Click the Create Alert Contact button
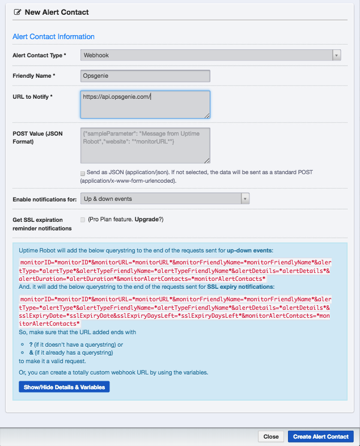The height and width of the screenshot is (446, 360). (321, 436)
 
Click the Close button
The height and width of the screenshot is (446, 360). (270, 436)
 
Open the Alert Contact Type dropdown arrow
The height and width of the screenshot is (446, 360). (336, 55)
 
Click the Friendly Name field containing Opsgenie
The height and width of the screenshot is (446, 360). (145, 76)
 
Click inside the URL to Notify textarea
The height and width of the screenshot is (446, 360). (145, 104)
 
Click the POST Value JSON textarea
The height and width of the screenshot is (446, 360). (145, 145)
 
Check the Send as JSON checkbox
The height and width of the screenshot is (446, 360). (83, 172)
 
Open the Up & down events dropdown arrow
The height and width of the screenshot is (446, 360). (245, 199)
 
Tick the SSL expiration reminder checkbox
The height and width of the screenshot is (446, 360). (83, 220)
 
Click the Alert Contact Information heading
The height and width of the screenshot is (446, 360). (53, 36)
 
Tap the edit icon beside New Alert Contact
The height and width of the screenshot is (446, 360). (17, 12)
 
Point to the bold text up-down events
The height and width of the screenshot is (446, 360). (250, 250)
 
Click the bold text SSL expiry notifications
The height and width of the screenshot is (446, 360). (240, 287)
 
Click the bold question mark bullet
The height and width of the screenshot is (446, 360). (31, 344)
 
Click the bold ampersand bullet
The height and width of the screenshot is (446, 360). (31, 352)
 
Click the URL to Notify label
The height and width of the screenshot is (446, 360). (32, 97)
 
